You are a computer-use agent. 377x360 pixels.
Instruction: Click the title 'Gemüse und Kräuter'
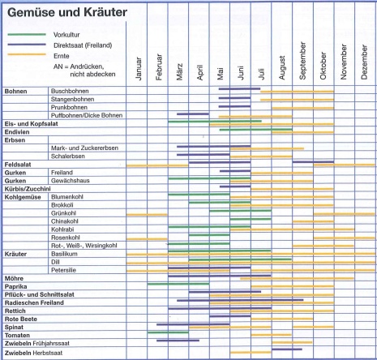[67, 12]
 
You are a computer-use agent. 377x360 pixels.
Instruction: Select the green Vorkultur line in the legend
[27, 35]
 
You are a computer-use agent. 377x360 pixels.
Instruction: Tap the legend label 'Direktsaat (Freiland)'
[83, 45]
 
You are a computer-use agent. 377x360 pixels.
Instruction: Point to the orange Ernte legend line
[27, 54]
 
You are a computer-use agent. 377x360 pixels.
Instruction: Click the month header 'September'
[302, 61]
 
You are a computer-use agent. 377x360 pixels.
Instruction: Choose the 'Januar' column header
[139, 68]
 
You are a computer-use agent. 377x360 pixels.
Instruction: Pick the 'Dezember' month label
[364, 62]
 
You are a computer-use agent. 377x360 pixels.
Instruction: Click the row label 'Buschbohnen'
[70, 91]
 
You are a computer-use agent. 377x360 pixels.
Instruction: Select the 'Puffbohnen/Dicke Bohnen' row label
[87, 115]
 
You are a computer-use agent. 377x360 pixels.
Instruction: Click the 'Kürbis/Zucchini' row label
[28, 189]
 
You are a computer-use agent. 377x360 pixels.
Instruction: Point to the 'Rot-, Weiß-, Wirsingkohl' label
[84, 246]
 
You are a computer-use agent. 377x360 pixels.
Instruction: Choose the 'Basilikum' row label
[64, 254]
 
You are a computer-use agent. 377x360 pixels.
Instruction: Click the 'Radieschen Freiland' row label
[34, 302]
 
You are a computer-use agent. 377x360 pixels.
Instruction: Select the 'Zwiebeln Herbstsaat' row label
[33, 353]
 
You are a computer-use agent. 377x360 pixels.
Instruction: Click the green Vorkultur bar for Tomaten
[168, 332]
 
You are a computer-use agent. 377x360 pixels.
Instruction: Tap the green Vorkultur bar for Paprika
[178, 284]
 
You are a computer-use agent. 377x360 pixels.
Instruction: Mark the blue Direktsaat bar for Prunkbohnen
[234, 106]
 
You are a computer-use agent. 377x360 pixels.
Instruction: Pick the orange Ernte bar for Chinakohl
[313, 221]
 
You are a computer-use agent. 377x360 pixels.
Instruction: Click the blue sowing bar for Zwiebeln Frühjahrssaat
[178, 341]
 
